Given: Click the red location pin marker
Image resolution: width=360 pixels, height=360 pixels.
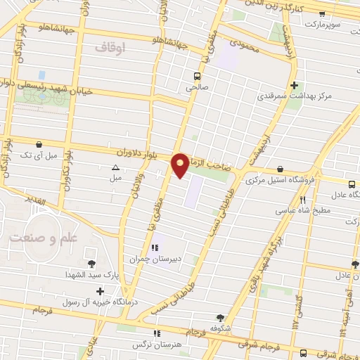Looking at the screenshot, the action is click(x=181, y=165).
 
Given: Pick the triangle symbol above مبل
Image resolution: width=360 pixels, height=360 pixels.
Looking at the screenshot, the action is click(x=115, y=167).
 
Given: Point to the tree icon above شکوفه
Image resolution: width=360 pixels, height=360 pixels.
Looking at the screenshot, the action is click(x=220, y=318).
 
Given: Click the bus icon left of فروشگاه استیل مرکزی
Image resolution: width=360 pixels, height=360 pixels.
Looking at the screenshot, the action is click(x=281, y=169).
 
